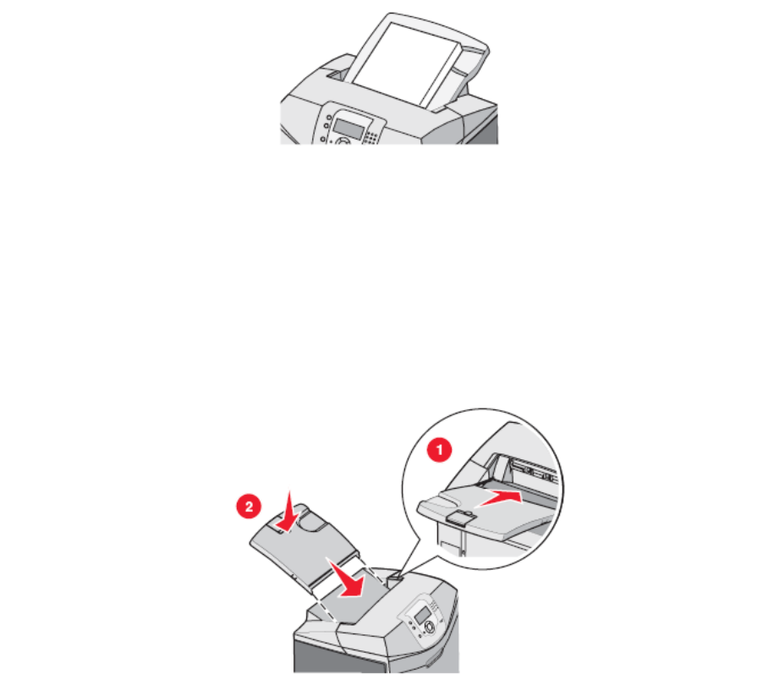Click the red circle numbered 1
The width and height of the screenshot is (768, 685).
coord(439,450)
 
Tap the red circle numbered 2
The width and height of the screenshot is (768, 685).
coord(249,507)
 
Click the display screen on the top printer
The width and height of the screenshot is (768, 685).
coord(349,128)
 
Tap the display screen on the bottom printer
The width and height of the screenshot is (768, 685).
coord(421,616)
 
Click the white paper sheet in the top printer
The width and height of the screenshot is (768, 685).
coord(406,63)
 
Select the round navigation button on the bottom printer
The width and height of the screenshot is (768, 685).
coord(429,627)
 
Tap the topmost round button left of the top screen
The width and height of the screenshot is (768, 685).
coord(329,118)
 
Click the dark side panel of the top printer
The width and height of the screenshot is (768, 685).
coord(481,130)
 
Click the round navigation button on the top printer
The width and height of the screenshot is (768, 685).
coord(343,141)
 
